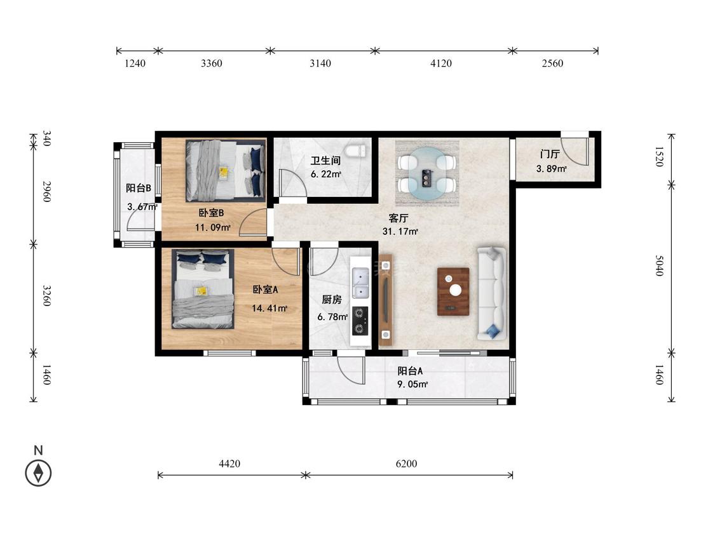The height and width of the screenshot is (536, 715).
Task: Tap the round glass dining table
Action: [427, 173]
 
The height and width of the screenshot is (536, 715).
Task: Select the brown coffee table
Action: [453, 291]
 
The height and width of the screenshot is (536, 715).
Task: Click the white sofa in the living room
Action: [491, 293]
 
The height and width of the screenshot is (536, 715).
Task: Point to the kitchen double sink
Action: [360, 283]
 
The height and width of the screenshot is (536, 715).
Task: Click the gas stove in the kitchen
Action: [360, 321]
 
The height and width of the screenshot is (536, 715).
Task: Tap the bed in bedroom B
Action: [225, 170]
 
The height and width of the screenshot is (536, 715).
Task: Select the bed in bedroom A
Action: [203, 288]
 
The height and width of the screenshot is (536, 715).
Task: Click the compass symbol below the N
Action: [38, 472]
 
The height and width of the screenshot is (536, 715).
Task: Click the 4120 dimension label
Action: [441, 63]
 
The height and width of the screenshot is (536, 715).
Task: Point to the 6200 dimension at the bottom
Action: [406, 464]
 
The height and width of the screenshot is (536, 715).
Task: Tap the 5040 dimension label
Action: [659, 265]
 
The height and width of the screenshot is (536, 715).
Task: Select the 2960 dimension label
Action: [47, 191]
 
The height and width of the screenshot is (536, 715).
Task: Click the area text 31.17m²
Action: [400, 232]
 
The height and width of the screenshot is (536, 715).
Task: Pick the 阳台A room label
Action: [410, 371]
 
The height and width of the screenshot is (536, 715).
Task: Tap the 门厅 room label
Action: [550, 154]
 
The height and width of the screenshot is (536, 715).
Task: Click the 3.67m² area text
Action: [142, 206]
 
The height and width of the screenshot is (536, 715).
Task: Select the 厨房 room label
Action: [332, 300]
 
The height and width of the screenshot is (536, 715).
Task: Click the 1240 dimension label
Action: [135, 63]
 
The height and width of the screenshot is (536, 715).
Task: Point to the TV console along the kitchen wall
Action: [386, 300]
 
